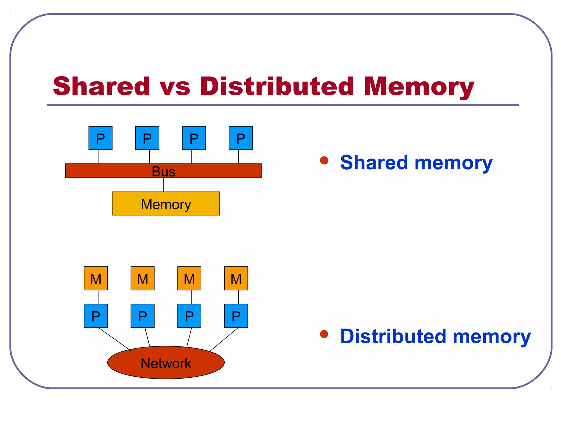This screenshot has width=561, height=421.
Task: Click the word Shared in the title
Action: point(101,86)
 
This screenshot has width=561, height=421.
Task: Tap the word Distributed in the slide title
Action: point(277,86)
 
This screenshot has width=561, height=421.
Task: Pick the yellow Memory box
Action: point(166,204)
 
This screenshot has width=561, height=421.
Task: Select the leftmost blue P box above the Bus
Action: point(100,138)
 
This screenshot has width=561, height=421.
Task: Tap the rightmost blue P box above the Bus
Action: point(241,138)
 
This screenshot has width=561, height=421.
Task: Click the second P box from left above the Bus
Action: point(147,138)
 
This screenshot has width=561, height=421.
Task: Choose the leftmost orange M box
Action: point(96,278)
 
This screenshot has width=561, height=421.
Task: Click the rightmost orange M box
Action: point(236,278)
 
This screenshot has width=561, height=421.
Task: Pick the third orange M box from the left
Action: point(189,278)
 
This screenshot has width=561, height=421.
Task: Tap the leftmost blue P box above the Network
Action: point(96,316)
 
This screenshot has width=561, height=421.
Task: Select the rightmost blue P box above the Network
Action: point(236,316)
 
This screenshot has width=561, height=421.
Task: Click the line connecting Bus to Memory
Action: point(164,185)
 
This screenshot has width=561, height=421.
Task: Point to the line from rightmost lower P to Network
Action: point(224,339)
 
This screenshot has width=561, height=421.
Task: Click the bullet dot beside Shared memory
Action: point(324,160)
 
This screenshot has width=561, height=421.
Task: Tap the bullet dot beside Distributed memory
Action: point(324,334)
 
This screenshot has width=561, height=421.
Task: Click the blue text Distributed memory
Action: point(435,337)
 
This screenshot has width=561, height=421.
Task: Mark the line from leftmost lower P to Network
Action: point(114,339)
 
